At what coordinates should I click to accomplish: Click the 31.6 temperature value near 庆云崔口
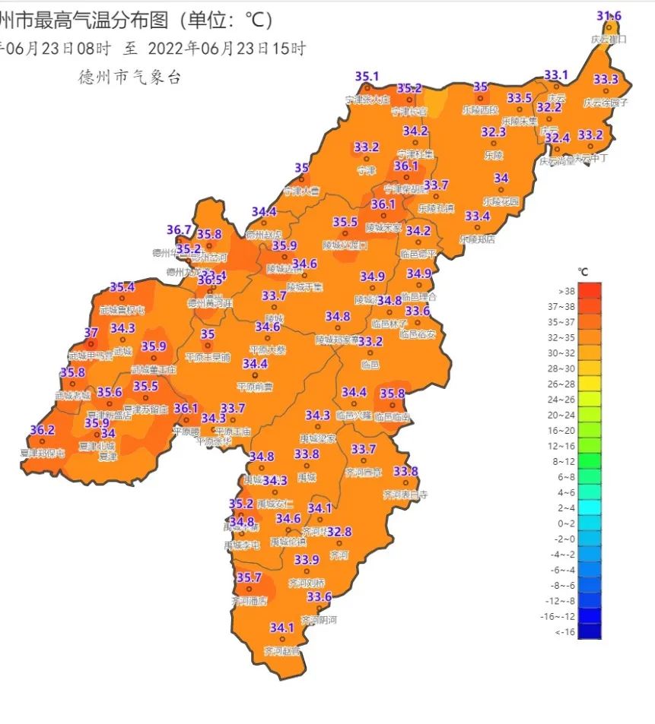(x=609, y=16)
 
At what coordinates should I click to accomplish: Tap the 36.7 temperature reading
(x=180, y=230)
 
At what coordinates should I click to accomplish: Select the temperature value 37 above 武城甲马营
(x=91, y=333)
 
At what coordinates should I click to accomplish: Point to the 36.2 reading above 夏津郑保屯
(x=43, y=431)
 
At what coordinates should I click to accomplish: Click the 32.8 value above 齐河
(x=339, y=532)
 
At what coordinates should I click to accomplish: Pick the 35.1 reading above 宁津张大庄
(x=367, y=77)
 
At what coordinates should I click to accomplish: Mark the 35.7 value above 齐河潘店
(x=249, y=578)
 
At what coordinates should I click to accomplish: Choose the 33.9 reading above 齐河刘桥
(x=307, y=560)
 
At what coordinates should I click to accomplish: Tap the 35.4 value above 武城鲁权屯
(x=122, y=287)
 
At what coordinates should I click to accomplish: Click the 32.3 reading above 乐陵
(x=493, y=132)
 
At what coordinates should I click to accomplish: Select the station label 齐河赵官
(x=281, y=651)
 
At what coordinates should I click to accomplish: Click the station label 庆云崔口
(x=609, y=39)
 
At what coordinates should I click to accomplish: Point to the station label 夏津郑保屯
(x=43, y=454)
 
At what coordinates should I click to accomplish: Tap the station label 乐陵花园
(x=501, y=201)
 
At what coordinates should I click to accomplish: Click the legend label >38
(x=566, y=291)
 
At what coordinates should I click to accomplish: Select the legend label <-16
(x=566, y=632)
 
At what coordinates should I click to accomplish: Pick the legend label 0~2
(x=566, y=523)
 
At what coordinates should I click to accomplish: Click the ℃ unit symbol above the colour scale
(x=583, y=271)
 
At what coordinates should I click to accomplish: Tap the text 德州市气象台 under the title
(x=129, y=77)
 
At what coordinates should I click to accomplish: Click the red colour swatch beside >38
(x=590, y=290)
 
